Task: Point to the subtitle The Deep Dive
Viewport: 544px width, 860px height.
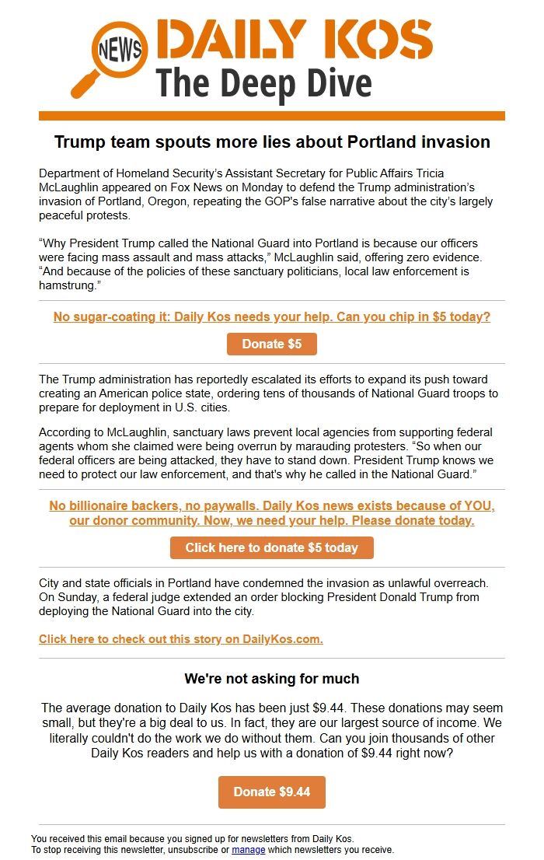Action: [x=264, y=83]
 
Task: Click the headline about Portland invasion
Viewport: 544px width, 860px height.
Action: [x=272, y=142]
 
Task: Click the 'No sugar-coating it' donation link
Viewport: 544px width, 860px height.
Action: [x=272, y=317]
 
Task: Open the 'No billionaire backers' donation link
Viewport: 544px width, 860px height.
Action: [x=272, y=513]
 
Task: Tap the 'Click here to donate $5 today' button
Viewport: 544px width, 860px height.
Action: [x=272, y=547]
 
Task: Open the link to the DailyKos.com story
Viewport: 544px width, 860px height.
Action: [x=181, y=639]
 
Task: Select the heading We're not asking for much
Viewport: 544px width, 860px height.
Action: [x=272, y=679]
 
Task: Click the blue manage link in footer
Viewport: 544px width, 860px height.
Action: [x=249, y=850]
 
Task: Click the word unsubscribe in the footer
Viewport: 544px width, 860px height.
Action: [x=201, y=850]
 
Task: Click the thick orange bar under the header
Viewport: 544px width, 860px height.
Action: [x=272, y=116]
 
